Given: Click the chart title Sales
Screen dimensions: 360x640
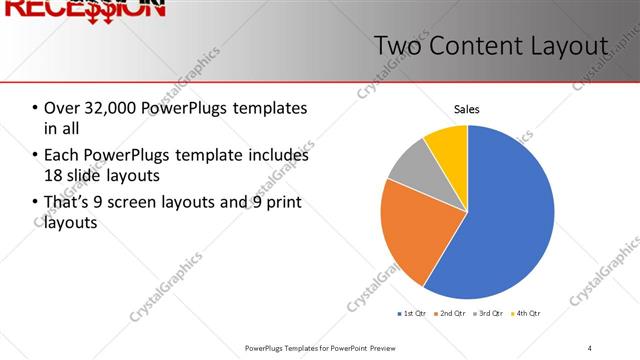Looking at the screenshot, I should click(x=466, y=108).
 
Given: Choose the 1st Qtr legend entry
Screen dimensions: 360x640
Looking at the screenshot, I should click(x=412, y=314).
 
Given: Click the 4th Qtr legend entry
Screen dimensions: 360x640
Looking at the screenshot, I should click(x=527, y=314).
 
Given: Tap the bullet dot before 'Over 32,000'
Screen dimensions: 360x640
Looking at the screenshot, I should click(x=35, y=108).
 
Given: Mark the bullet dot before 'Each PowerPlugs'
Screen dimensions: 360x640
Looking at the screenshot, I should click(x=35, y=155).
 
